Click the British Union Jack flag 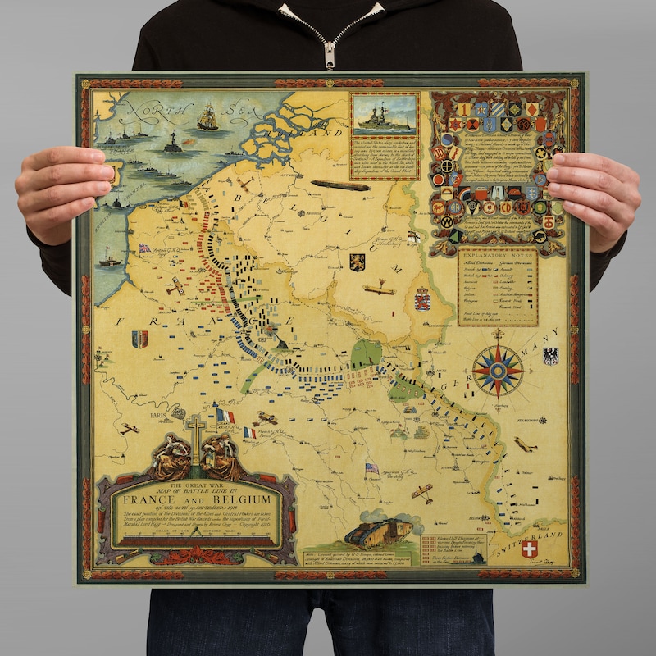coord(144,248)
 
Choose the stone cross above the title coord(195,433)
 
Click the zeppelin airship coord(339,185)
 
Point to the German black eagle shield coord(550,355)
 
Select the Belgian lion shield coord(357,262)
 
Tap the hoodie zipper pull coord(329,56)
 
